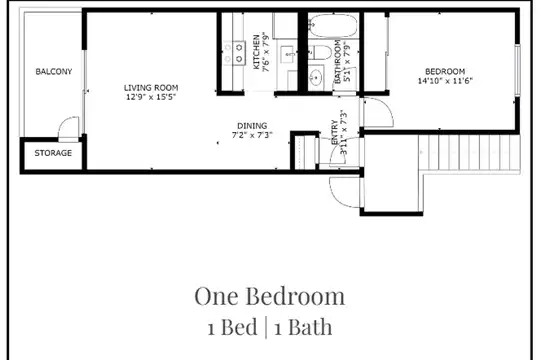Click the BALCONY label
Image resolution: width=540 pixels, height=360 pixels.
[54, 72]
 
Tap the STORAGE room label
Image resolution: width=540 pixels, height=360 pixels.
[53, 153]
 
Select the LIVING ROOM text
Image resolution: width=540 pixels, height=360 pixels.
[151, 88]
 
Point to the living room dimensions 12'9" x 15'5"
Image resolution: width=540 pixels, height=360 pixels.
[151, 97]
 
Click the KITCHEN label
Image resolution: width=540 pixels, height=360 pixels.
[257, 52]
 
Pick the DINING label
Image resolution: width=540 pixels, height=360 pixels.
[252, 126]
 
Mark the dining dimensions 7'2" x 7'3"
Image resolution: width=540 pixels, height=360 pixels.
[252, 135]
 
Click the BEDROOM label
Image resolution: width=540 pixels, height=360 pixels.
[445, 72]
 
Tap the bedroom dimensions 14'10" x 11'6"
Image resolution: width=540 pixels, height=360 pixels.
[445, 81]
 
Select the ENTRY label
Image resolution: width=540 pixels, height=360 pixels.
[334, 132]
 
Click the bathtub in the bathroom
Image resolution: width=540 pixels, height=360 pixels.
[332, 25]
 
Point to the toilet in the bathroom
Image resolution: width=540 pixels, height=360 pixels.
[320, 52]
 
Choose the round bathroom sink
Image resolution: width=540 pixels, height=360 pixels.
[315, 77]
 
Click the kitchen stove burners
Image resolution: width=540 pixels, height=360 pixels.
[239, 53]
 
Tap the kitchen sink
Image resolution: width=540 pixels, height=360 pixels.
[287, 54]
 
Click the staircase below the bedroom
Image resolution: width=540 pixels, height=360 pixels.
[469, 153]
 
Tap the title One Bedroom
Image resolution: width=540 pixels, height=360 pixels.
[270, 296]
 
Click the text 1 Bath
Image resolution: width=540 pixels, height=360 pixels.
[303, 327]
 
